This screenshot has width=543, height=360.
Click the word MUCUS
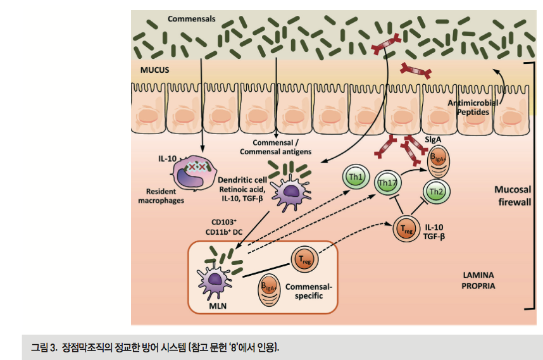[x=154, y=70]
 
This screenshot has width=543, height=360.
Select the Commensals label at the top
[x=189, y=19]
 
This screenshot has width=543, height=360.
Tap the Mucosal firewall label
[x=513, y=196]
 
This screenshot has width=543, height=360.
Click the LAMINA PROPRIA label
[x=478, y=281]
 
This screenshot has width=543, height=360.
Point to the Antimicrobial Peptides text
[x=473, y=107]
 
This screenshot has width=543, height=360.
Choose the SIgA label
[x=432, y=138]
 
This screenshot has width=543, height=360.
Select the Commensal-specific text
[x=308, y=291]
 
